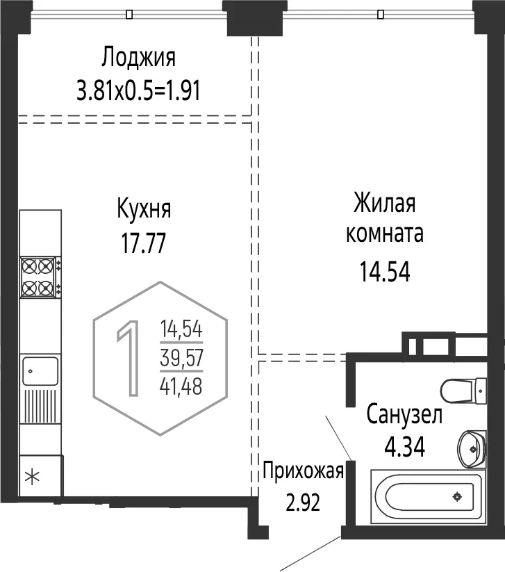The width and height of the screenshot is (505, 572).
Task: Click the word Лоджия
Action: tap(138, 57)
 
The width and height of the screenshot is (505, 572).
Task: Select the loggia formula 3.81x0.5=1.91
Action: tap(138, 90)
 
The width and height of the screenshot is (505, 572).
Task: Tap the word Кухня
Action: tap(144, 209)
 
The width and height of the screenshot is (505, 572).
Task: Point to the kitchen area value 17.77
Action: tap(143, 243)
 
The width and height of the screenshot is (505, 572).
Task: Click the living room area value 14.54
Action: tap(385, 272)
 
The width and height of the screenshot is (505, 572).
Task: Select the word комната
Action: tap(384, 234)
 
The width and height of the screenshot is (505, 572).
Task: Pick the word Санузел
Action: tap(404, 415)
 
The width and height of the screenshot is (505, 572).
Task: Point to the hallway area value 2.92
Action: tap(303, 502)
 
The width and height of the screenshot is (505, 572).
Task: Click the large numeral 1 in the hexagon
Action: tap(128, 358)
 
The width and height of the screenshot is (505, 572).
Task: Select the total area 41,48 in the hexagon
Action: tap(181, 386)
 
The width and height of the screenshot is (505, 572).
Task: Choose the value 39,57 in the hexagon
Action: tap(181, 358)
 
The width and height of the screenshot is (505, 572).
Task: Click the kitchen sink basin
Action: tap(40, 371)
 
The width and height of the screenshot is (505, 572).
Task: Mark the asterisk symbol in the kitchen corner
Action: tap(32, 477)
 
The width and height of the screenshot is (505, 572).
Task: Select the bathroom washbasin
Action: tap(472, 449)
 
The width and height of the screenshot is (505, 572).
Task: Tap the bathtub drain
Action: tap(457, 496)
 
